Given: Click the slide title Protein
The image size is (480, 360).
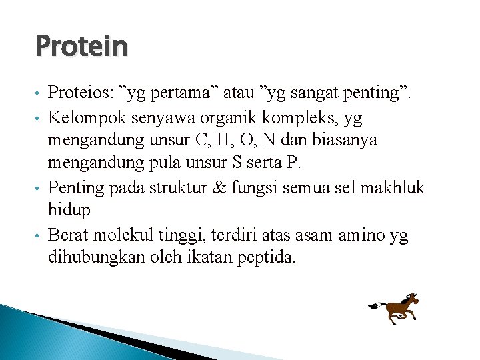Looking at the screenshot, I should pyautogui.click(x=81, y=47).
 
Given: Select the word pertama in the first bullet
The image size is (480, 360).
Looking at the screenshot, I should pyautogui.click(x=177, y=93).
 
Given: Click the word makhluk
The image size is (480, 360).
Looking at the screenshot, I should pyautogui.click(x=393, y=187).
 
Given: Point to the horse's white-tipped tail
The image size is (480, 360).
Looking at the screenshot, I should pyautogui.click(x=373, y=306).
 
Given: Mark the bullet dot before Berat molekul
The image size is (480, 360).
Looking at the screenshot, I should pyautogui.click(x=39, y=236).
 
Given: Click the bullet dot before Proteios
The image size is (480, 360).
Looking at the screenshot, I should pyautogui.click(x=39, y=94).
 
